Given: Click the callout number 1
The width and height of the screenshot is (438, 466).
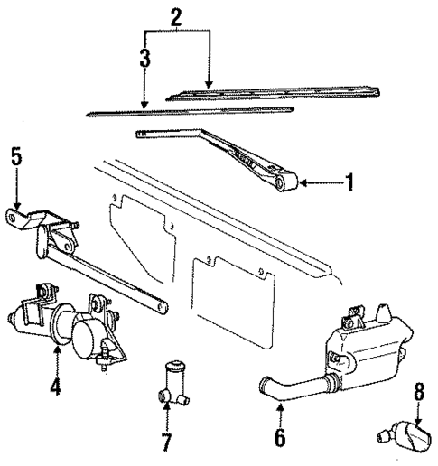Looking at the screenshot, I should (x=346, y=183).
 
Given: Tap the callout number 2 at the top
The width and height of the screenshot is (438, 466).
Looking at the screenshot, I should (x=175, y=17).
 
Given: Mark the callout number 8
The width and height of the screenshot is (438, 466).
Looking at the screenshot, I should (x=417, y=396).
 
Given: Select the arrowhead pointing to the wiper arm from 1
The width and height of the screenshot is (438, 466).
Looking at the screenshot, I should (x=304, y=183).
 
